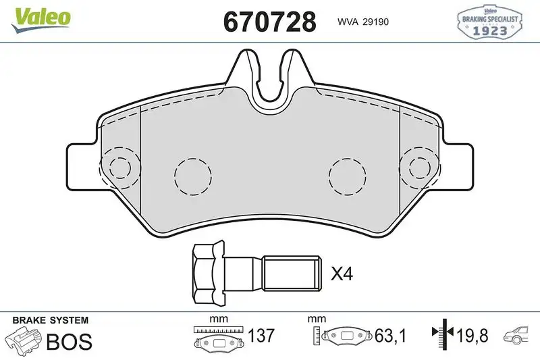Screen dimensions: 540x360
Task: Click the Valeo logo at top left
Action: click(x=40, y=19)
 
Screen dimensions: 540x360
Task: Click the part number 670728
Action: click(x=269, y=22)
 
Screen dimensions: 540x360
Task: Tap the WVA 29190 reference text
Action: click(x=363, y=22)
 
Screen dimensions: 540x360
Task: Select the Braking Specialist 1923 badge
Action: click(x=489, y=22)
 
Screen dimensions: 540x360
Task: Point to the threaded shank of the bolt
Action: click(x=292, y=274)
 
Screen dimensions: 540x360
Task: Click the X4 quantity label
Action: click(x=342, y=274)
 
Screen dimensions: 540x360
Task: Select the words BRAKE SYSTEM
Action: click(x=50, y=320)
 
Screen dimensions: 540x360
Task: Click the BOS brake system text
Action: click(x=69, y=341)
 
